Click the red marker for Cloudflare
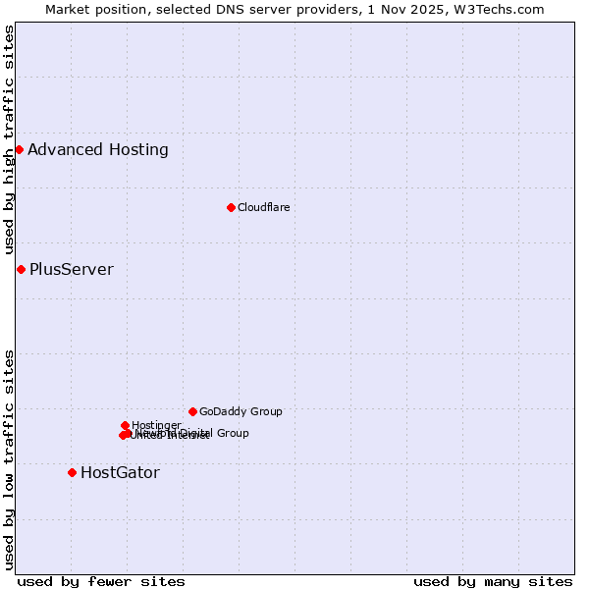[x=231, y=207]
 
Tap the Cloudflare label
[x=263, y=207]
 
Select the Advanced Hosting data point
[x=19, y=149]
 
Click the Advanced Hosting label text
[x=98, y=150]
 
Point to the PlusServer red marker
[x=21, y=269]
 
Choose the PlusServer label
[x=72, y=270]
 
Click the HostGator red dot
[x=72, y=472]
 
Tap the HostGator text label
[x=120, y=473]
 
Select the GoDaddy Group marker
[x=192, y=411]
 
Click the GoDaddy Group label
[x=241, y=411]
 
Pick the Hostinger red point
[x=125, y=425]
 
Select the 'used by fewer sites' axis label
[x=101, y=581]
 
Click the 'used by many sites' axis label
[x=493, y=581]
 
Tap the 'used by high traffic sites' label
[x=9, y=140]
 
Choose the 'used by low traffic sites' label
[x=9, y=458]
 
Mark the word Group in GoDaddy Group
[x=265, y=411]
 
